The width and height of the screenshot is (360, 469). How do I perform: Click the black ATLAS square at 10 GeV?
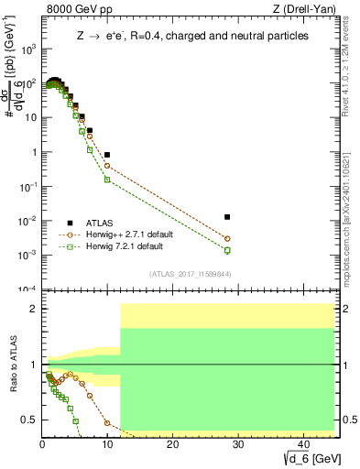coord(107,155)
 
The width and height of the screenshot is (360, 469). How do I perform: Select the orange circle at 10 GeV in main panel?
coord(107,166)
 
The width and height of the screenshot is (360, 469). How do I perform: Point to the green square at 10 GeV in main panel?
coord(107,180)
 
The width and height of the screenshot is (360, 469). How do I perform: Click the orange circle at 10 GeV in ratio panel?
coord(107,423)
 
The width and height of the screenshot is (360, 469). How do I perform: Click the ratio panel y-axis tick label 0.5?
coord(31,420)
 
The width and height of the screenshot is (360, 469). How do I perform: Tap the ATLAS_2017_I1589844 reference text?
coord(190,274)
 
